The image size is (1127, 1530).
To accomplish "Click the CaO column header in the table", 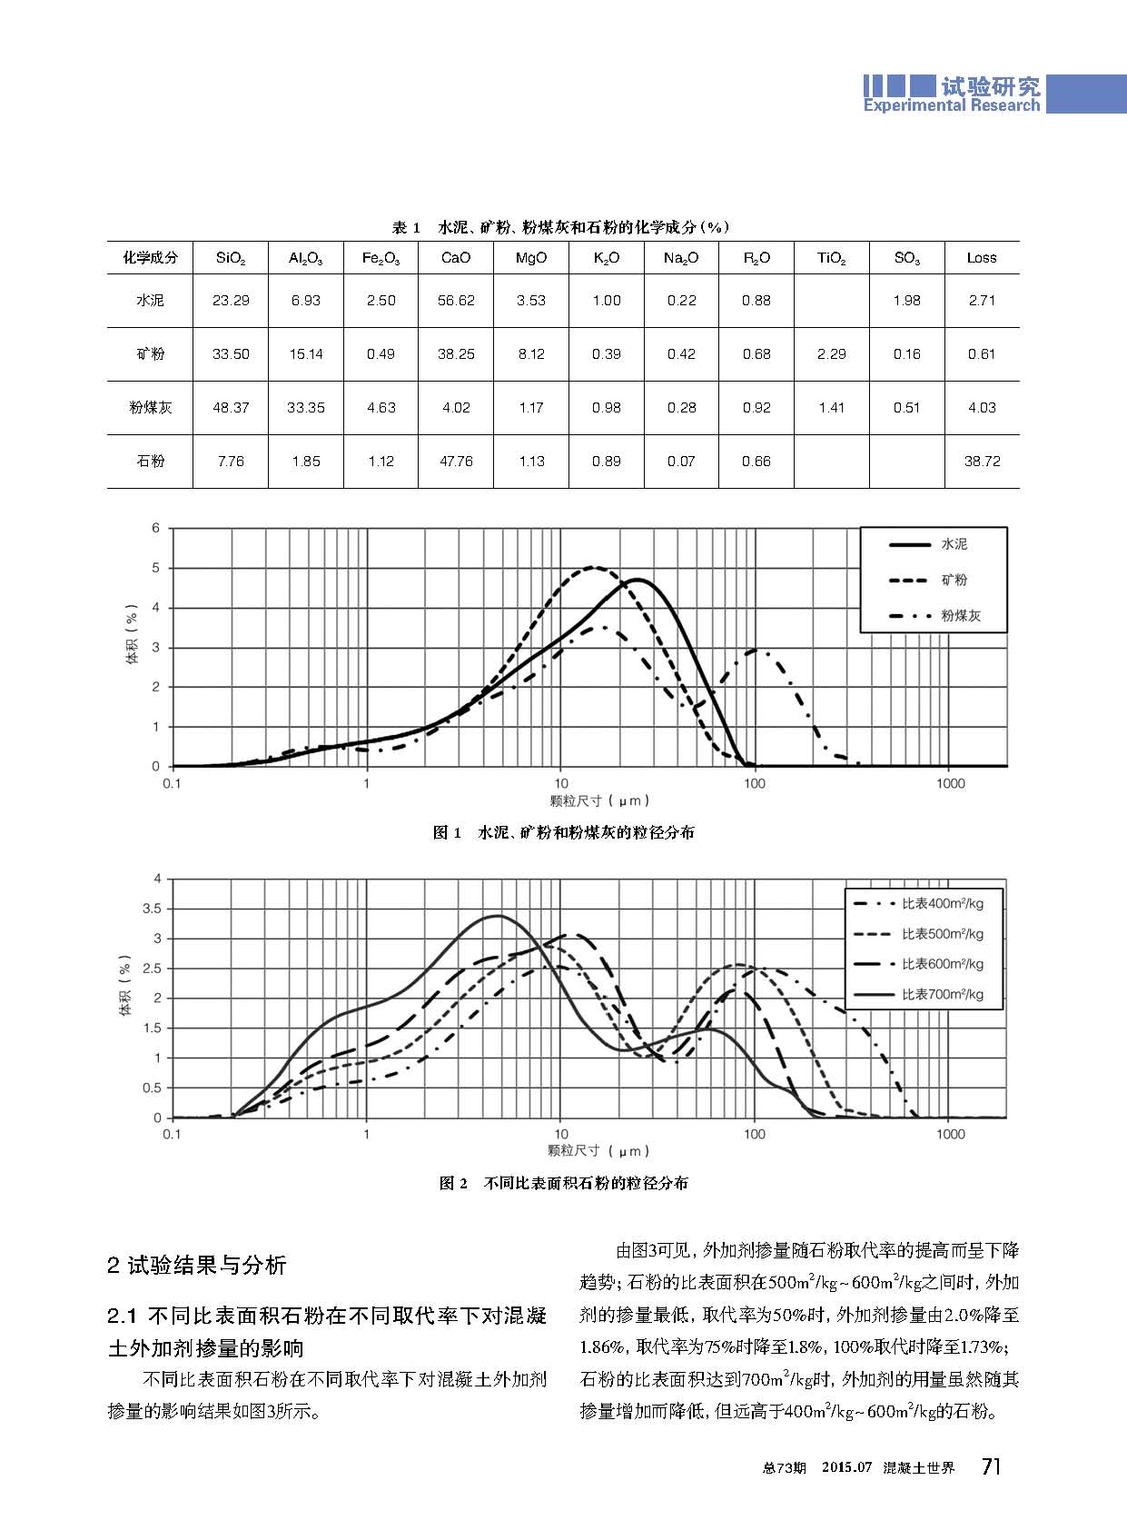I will click(x=456, y=258).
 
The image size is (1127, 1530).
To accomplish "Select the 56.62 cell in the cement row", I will click(x=456, y=301).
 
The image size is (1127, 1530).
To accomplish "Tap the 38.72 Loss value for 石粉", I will click(x=982, y=462).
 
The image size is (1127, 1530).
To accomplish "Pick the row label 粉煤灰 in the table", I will click(x=150, y=408).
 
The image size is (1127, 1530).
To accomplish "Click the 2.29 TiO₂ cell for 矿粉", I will click(x=831, y=354).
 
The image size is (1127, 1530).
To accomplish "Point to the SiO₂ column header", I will click(x=231, y=258).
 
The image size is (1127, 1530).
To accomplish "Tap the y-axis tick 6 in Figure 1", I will click(x=156, y=528).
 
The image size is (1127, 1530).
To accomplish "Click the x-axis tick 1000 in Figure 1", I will click(x=950, y=784).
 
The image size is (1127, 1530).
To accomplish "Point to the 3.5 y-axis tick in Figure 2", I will click(x=152, y=909).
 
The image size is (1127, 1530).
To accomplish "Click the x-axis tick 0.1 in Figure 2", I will click(x=172, y=1134).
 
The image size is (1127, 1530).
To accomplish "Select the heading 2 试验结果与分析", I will click(x=196, y=1265).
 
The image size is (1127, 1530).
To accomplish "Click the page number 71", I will click(x=992, y=1466).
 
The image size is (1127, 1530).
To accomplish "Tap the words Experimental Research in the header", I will click(x=951, y=105).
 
